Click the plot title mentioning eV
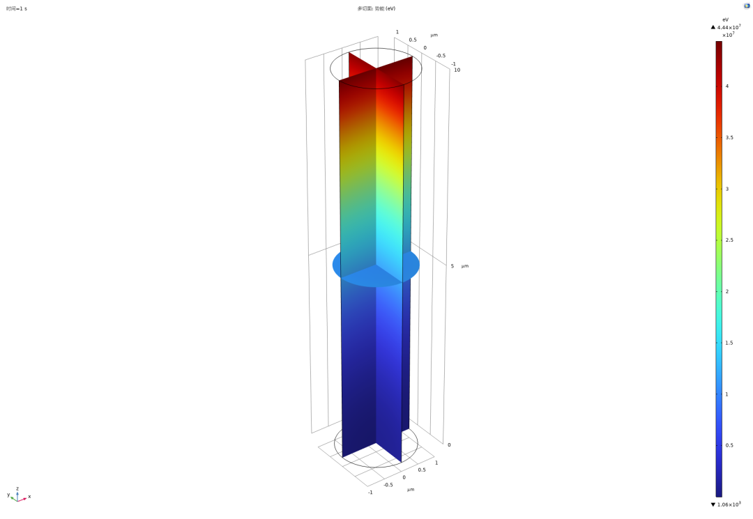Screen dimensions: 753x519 click(376, 8)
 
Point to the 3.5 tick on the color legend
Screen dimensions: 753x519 click(729, 138)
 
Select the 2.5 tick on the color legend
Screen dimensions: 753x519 click(729, 240)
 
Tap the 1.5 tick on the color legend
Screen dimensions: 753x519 click(729, 343)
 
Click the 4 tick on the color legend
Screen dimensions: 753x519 click(727, 86)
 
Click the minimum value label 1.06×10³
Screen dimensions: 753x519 click(729, 504)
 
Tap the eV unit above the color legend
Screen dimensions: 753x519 click(725, 20)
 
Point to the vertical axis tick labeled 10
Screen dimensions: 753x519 click(457, 70)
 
